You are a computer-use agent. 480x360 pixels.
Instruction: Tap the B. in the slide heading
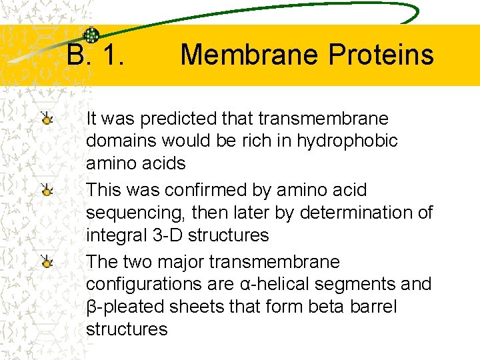pos(79,55)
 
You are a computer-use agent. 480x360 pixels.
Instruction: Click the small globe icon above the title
pos(91,35)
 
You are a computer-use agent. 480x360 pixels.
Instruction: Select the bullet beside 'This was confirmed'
pos(46,191)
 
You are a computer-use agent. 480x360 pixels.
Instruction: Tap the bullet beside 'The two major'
pos(46,262)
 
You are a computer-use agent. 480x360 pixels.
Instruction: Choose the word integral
pos(111,235)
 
